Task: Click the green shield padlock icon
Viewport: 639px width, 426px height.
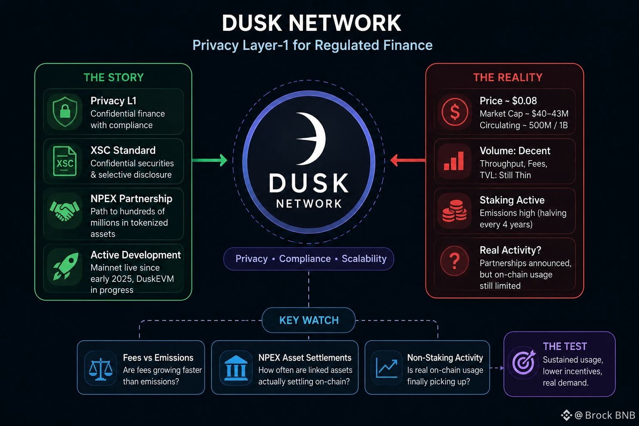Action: pyautogui.click(x=65, y=111)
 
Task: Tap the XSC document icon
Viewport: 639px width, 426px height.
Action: pyautogui.click(x=65, y=161)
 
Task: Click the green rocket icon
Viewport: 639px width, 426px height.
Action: pyautogui.click(x=66, y=266)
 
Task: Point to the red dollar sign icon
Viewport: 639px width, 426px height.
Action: pyautogui.click(x=455, y=111)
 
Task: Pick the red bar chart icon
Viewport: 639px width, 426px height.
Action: pyautogui.click(x=454, y=161)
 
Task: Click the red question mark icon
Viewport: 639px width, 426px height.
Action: pyautogui.click(x=455, y=261)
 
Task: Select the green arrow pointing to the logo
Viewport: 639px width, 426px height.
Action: pyautogui.click(x=210, y=160)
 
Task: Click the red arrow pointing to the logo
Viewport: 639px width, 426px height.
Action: pyautogui.click(x=408, y=160)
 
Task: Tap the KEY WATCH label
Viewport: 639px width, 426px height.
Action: pyautogui.click(x=309, y=320)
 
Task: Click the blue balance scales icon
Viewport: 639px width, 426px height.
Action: pyautogui.click(x=100, y=370)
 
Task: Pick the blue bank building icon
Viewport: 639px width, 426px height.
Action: pyautogui.click(x=236, y=368)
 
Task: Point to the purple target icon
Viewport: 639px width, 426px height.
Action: pyautogui.click(x=524, y=362)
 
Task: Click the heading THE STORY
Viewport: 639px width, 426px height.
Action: pyautogui.click(x=114, y=77)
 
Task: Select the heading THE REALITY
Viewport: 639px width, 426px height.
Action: pyautogui.click(x=508, y=77)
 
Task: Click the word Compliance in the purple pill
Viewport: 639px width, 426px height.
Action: pyautogui.click(x=305, y=258)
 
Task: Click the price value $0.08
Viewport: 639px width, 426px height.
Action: pyautogui.click(x=524, y=101)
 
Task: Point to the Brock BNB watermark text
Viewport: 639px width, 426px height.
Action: pyautogui.click(x=610, y=415)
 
